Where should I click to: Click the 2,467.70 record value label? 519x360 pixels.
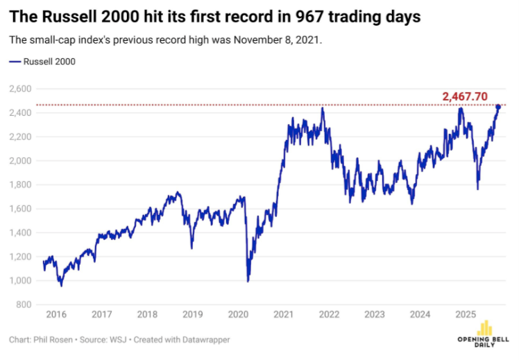469,96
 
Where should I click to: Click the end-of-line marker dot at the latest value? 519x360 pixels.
497,106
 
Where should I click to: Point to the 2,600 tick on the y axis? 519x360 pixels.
21,89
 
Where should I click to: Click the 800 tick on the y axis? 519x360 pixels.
25,305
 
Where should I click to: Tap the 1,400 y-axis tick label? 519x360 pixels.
21,232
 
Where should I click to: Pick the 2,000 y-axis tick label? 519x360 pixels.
21,160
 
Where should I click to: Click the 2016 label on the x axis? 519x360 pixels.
56,314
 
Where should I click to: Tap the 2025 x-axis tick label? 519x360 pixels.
464,314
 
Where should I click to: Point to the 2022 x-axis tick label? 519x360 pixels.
328,314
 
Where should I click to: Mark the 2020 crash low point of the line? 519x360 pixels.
248,281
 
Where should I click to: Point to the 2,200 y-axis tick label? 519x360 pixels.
21,137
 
